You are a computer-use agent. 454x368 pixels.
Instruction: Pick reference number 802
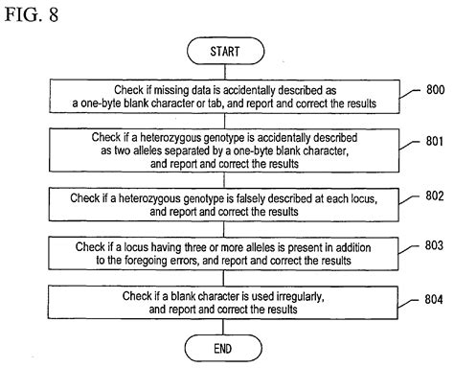tap(429, 196)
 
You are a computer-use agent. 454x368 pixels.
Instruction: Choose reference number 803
tap(429, 248)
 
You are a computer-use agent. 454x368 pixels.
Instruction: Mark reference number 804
tap(429, 300)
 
